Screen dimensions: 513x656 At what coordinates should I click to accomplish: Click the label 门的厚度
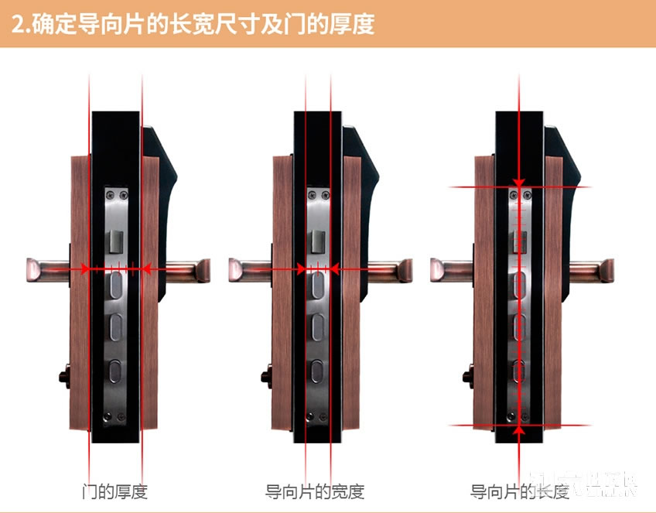click(x=114, y=491)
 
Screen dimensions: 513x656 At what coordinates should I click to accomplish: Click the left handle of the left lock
click(x=48, y=270)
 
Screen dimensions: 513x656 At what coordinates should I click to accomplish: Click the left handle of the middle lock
click(x=250, y=270)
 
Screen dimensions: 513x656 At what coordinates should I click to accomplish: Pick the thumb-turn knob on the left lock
click(x=63, y=378)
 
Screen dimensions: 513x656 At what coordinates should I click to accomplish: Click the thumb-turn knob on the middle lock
click(x=265, y=378)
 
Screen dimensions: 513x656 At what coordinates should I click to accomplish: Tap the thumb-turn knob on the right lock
click(x=467, y=378)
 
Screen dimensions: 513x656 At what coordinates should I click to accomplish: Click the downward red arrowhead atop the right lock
click(x=519, y=180)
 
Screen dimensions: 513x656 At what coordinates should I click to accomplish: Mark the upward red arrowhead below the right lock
click(x=519, y=431)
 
